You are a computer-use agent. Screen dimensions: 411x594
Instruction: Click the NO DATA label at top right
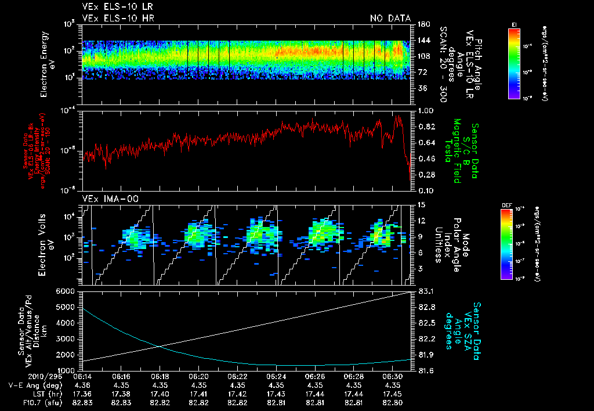[390, 18]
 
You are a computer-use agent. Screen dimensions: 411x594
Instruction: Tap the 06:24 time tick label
[276, 376]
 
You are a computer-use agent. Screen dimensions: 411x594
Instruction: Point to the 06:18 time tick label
[160, 376]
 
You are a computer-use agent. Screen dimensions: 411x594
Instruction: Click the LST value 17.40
[160, 393]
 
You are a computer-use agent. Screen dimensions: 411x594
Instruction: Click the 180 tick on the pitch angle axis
[422, 24]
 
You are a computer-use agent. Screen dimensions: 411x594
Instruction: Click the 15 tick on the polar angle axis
[421, 205]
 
